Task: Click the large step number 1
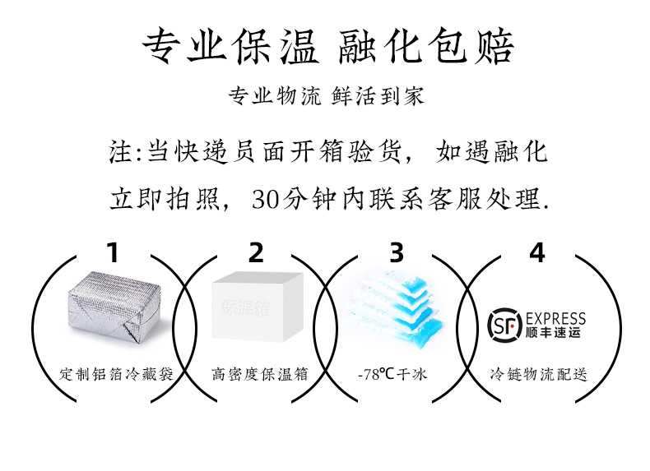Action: point(114,252)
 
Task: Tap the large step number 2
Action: point(256,252)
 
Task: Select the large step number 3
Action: point(397,252)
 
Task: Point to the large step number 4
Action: point(537,252)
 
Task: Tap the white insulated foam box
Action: point(257,307)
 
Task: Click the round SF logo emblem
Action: point(504,325)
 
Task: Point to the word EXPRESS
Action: point(555,319)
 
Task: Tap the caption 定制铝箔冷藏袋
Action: point(116,374)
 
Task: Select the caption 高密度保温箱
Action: point(259,374)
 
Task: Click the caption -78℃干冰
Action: point(392,374)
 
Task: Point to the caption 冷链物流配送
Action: point(538,374)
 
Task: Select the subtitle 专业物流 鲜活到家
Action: point(327,96)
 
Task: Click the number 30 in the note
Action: point(267,200)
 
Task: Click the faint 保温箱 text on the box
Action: point(245,308)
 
